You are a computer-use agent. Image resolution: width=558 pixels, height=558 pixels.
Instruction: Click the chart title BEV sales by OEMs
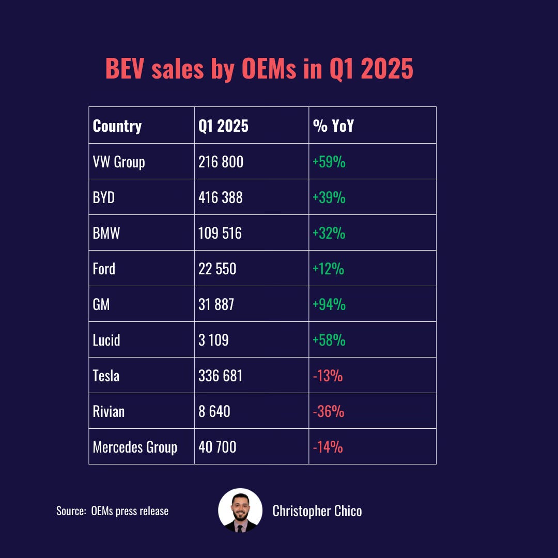pyautogui.click(x=259, y=69)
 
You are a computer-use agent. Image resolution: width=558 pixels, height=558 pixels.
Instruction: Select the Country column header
pyautogui.click(x=117, y=126)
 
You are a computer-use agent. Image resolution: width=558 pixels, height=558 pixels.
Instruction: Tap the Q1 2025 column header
pyautogui.click(x=223, y=126)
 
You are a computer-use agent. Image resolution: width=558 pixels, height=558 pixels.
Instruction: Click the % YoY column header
pyautogui.click(x=333, y=126)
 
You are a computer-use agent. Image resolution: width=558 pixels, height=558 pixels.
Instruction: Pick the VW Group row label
pyautogui.click(x=119, y=162)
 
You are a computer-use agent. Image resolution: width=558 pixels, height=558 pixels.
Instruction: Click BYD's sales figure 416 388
pyautogui.click(x=221, y=197)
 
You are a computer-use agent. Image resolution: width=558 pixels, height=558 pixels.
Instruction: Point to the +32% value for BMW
pyautogui.click(x=329, y=233)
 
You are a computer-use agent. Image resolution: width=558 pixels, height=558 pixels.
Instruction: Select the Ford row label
pyautogui.click(x=104, y=269)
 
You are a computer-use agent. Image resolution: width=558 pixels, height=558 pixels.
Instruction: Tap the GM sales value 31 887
pyautogui.click(x=216, y=304)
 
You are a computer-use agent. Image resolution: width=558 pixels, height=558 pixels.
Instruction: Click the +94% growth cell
pyautogui.click(x=329, y=304)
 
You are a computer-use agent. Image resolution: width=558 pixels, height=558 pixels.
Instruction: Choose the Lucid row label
pyautogui.click(x=106, y=340)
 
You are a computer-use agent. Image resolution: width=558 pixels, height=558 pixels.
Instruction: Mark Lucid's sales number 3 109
pyautogui.click(x=213, y=340)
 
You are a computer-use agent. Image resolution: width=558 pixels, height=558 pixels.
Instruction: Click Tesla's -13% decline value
pyautogui.click(x=328, y=376)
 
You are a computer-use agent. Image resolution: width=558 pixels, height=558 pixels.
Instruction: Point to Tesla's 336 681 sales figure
pyautogui.click(x=221, y=376)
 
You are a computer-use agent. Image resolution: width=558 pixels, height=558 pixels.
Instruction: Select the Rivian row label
pyautogui.click(x=109, y=411)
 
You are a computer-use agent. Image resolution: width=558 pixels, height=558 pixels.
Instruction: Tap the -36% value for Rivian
pyautogui.click(x=328, y=411)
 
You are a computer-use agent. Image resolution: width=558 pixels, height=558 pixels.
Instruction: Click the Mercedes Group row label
pyautogui.click(x=135, y=447)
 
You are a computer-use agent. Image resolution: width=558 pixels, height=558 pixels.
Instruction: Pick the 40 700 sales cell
pyautogui.click(x=218, y=447)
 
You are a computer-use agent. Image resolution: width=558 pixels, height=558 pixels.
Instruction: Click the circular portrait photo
pyautogui.click(x=240, y=510)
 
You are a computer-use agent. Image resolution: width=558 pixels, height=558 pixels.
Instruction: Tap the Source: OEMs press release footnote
pyautogui.click(x=112, y=511)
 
